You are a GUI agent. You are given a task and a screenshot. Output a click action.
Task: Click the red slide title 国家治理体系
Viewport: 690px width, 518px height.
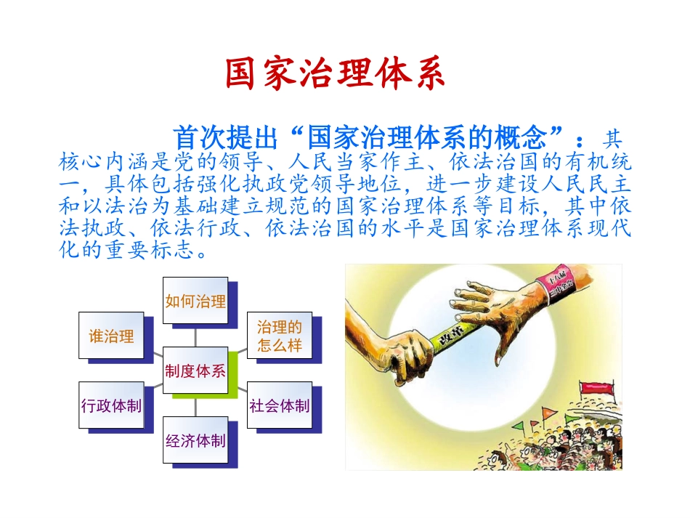(x=334, y=73)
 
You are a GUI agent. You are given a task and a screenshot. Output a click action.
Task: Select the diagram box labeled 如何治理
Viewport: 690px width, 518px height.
(x=195, y=301)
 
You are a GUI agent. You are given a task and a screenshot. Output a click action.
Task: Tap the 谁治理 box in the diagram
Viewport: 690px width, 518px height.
(x=111, y=336)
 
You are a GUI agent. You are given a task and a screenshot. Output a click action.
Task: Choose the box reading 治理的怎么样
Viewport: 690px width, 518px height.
(x=280, y=335)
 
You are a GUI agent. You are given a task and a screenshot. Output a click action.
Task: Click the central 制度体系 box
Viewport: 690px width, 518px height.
(x=195, y=371)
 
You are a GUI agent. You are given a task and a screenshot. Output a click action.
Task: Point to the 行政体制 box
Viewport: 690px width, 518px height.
(x=111, y=405)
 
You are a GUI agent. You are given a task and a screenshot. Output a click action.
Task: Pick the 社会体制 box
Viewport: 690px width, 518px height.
(x=280, y=405)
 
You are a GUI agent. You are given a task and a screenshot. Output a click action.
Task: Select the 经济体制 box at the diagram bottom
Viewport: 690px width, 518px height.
(x=195, y=440)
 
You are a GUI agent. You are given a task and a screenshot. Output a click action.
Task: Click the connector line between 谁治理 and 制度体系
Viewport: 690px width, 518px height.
(x=153, y=354)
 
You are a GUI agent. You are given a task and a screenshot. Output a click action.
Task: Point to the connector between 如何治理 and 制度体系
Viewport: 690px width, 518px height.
(x=195, y=336)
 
